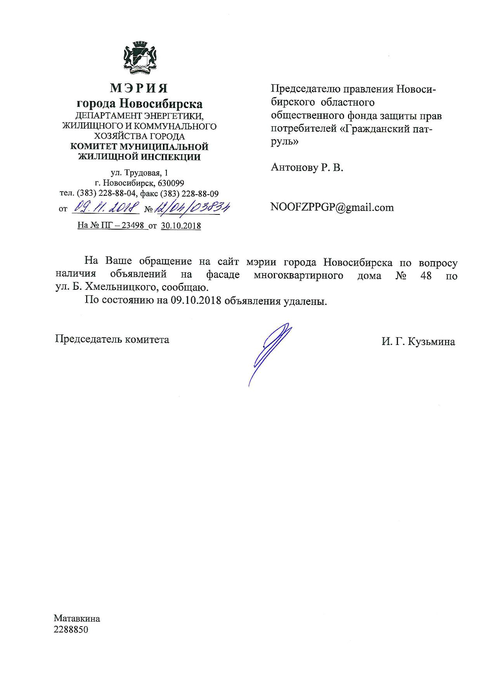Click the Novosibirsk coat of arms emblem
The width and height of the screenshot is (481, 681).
139,59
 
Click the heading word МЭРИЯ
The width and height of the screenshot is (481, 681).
139,88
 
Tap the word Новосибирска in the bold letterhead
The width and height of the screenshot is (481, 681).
161,104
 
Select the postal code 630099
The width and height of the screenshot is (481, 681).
171,183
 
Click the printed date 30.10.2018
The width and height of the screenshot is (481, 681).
181,226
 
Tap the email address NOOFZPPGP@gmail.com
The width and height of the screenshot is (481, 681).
332,207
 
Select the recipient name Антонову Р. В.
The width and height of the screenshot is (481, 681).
307,167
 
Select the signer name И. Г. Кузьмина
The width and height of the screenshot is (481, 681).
418,342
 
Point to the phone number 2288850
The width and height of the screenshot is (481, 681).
71,630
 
